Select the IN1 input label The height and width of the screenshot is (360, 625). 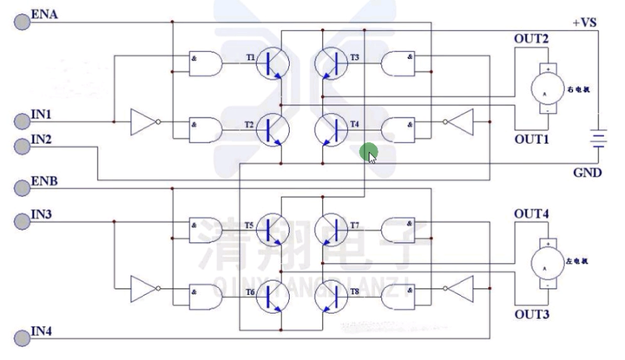tap(41, 115)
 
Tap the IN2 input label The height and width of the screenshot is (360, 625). tap(41, 139)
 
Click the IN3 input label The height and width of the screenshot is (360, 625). tap(41, 214)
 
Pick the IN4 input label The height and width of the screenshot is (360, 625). tap(41, 331)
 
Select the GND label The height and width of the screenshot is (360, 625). tap(587, 173)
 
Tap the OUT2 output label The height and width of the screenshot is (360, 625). tap(531, 39)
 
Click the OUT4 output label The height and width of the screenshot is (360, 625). tap(531, 213)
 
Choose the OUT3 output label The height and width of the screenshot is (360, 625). tap(531, 314)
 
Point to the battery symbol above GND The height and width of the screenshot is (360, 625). tap(596, 139)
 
